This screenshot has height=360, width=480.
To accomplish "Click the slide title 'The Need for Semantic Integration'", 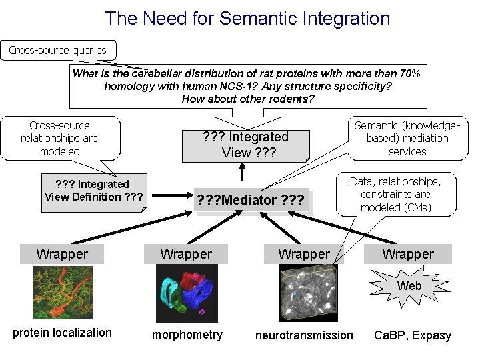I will (247, 18).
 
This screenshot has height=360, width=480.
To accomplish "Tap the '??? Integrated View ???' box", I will (245, 145).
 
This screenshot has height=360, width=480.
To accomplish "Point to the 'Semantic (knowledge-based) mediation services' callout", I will (407, 139).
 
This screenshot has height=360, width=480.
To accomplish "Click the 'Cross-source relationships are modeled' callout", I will (59, 139).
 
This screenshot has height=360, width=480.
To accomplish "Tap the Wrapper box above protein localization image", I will (62, 253).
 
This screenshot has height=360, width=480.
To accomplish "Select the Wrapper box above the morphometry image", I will (186, 253).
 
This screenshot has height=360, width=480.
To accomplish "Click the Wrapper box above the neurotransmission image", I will (303, 253).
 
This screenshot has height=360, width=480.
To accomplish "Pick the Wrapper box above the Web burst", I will (407, 253).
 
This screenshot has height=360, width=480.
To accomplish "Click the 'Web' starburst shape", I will (409, 285).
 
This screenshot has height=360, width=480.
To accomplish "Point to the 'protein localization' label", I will (63, 333).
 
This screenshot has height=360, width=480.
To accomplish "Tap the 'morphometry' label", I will (187, 335).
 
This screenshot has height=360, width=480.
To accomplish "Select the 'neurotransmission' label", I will (304, 335).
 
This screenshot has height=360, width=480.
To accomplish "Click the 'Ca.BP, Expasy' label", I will (413, 335).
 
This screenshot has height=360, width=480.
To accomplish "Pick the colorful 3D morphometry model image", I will (187, 293).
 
